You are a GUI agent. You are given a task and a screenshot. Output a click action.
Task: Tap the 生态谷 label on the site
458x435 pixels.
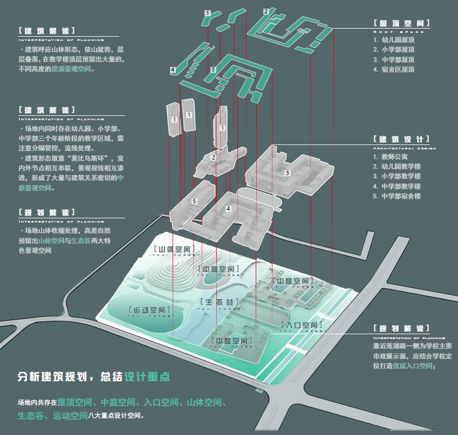220,302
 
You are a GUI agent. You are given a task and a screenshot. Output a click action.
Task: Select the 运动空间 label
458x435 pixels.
150,310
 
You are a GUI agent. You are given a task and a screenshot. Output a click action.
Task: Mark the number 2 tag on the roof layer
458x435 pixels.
266,11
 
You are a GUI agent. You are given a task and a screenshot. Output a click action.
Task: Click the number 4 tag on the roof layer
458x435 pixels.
173,70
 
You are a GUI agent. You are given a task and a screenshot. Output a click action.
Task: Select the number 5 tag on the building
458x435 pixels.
194,201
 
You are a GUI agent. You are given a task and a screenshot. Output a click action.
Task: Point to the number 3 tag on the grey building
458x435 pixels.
288,173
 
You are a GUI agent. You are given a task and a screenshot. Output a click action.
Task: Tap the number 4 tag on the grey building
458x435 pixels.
228,208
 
